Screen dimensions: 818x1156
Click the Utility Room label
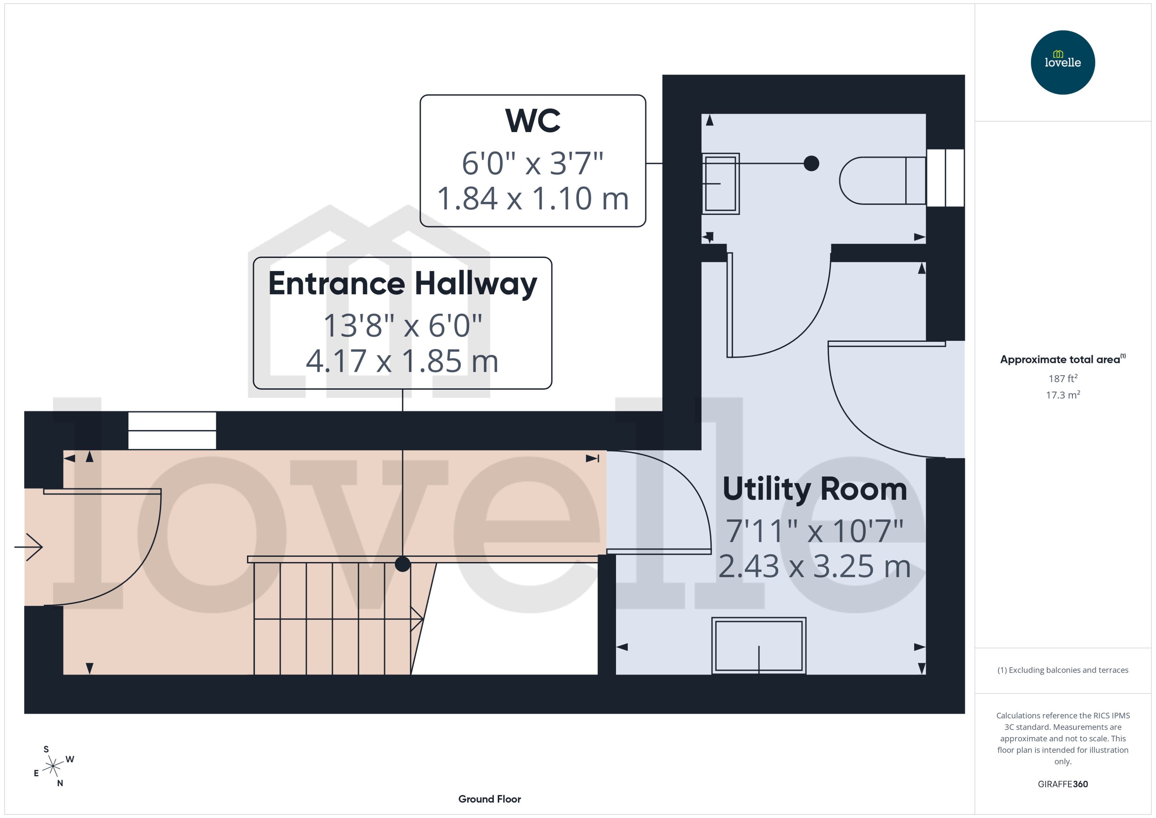(x=814, y=489)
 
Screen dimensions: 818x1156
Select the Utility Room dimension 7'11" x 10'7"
(x=814, y=531)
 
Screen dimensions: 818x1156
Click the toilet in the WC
(x=882, y=180)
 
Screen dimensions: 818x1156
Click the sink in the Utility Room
(x=759, y=646)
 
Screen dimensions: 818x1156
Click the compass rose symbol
(x=53, y=766)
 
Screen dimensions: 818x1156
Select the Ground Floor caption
(x=489, y=799)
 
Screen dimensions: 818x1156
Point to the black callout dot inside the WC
(x=811, y=163)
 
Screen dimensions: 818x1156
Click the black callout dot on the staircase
(x=403, y=564)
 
